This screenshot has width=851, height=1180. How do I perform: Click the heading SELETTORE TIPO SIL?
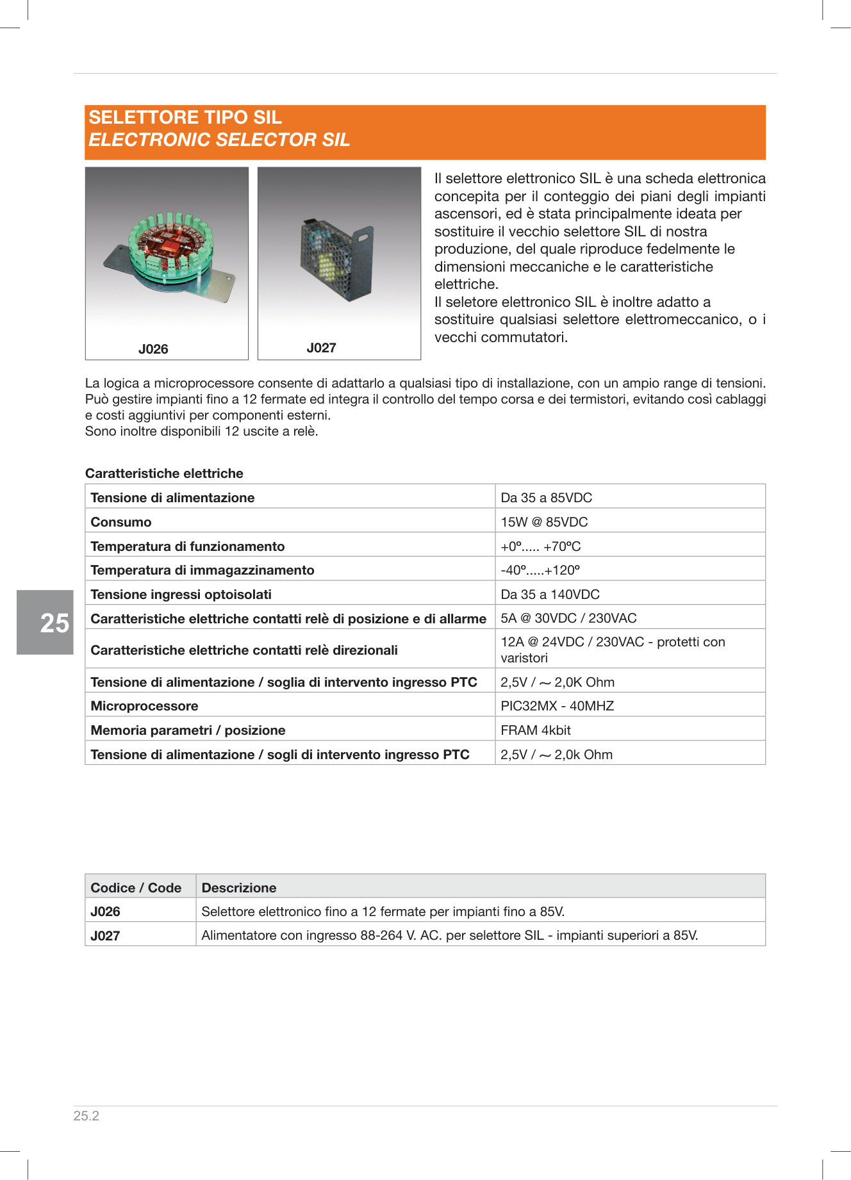coord(185,117)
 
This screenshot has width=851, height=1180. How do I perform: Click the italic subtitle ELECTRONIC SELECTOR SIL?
coord(219,140)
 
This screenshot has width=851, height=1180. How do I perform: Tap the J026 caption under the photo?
coord(153,349)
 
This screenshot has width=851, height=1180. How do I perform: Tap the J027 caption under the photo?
coord(321,348)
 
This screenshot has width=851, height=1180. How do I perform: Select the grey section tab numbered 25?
coord(45,622)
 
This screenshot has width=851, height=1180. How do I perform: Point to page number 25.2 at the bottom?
coord(87,1116)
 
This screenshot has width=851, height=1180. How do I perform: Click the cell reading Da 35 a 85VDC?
coord(546,498)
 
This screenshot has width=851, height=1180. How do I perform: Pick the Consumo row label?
coord(121,522)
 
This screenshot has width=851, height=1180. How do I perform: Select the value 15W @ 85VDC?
coord(544,522)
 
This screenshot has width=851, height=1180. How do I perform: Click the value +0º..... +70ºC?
coord(540,546)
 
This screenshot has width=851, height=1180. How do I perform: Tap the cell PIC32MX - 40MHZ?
coord(557,706)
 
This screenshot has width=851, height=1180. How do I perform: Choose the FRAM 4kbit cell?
coord(536,730)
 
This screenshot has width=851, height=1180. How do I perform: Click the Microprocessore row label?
coord(144,706)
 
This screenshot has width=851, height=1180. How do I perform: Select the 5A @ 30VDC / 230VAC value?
coord(568,618)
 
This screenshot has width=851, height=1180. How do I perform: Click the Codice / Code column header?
coord(136,888)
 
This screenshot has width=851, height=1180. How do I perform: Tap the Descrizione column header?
coord(239,888)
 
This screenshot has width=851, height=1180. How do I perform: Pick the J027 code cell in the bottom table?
coord(105,936)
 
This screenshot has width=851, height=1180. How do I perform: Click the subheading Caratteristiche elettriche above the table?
coord(164,473)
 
